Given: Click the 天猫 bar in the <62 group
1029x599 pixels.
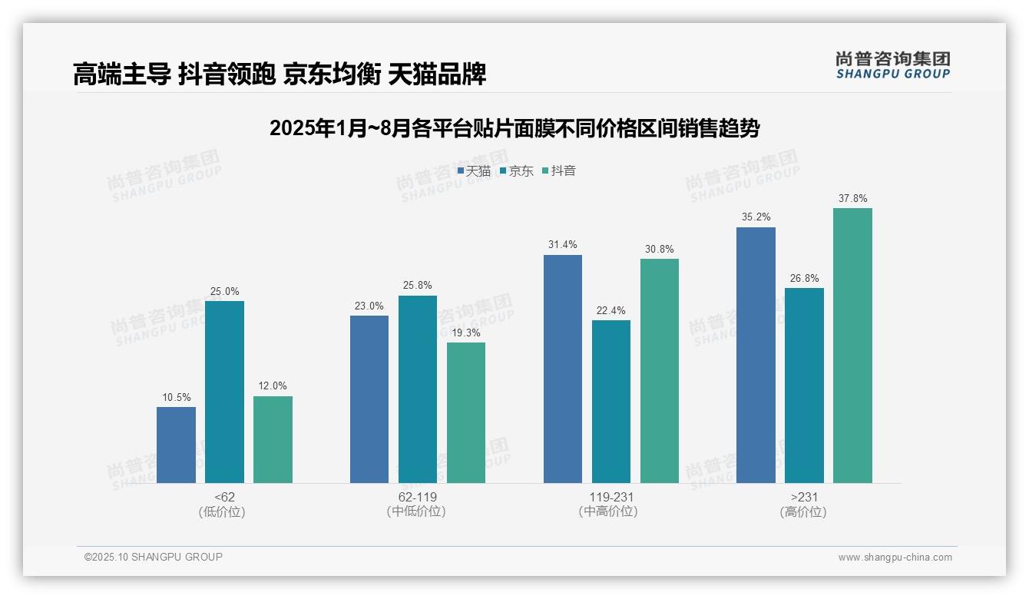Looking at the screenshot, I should click(x=176, y=445).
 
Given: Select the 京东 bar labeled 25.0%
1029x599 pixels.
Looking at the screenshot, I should click(x=224, y=392).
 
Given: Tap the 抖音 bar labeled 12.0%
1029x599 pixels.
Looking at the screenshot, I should click(x=273, y=439).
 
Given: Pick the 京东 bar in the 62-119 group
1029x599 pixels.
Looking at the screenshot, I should click(x=417, y=389).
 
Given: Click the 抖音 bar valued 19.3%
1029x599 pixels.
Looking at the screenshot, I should click(x=466, y=412).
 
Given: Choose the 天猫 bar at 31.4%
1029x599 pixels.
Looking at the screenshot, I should click(x=563, y=369).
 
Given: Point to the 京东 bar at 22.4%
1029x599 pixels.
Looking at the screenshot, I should click(x=611, y=402).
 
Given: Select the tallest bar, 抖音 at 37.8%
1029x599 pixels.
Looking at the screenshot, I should click(x=852, y=346).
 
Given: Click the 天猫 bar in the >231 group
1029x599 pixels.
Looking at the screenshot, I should click(x=756, y=355).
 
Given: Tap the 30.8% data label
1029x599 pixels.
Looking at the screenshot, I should click(x=660, y=250).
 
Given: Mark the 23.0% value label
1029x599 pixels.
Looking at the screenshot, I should click(x=369, y=306).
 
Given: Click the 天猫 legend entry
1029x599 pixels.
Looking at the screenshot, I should click(x=474, y=171).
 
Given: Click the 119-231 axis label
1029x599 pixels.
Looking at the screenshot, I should click(x=607, y=497).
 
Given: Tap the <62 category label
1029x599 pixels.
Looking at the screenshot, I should click(x=225, y=497).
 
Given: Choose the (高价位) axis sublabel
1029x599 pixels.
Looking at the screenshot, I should click(x=804, y=511).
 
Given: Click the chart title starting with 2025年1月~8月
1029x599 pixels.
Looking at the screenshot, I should click(x=514, y=128).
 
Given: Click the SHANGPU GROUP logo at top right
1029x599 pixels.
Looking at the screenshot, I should click(x=893, y=65).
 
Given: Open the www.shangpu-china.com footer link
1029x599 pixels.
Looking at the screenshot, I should click(x=895, y=558).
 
